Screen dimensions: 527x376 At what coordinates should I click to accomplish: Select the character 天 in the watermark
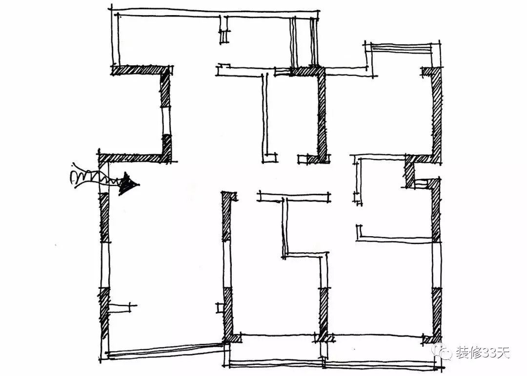tap(502, 352)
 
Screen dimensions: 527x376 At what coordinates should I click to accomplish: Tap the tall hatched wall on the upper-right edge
tap(437, 112)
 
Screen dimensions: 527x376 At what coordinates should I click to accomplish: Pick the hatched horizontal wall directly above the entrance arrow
tap(134, 158)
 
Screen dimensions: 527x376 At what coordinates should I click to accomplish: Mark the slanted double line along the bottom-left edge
tap(163, 350)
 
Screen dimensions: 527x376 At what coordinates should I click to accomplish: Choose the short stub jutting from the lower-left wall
tap(120, 307)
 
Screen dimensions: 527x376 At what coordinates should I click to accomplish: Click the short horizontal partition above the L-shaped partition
tap(293, 196)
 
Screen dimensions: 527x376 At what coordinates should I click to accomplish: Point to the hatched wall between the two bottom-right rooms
tap(323, 312)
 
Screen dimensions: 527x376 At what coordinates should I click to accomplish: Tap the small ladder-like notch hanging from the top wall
tap(224, 32)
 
